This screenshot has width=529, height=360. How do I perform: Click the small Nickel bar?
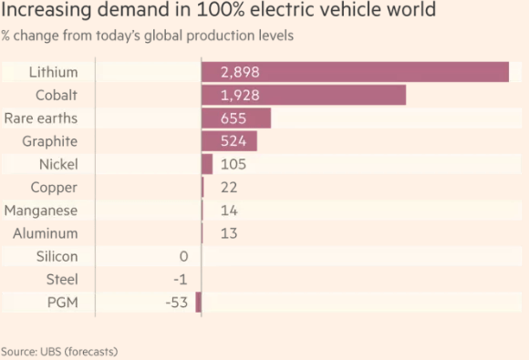[207, 164]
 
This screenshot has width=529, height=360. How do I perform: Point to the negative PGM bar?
[198, 303]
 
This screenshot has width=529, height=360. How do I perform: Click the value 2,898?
[240, 72]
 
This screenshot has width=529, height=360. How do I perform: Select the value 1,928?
[239, 95]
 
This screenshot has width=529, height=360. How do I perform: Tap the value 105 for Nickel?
[233, 164]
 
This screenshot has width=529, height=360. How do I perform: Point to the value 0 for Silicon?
[183, 257]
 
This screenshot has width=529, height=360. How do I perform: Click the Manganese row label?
[39, 211]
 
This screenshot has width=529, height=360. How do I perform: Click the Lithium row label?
[53, 72]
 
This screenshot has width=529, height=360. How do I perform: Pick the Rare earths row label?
[41, 118]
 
